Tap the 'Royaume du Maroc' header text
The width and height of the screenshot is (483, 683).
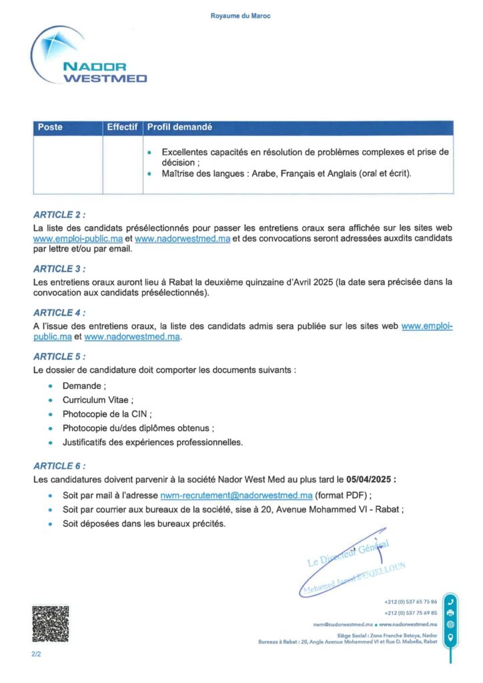point(241,15)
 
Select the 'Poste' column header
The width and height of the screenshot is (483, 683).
point(51,127)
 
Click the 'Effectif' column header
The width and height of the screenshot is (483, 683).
point(122,127)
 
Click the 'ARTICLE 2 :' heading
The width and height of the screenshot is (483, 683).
point(59,215)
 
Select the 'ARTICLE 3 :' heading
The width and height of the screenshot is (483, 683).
point(59,269)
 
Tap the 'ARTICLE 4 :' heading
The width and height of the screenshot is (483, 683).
point(59,312)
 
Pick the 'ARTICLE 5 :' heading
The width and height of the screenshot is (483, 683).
point(59,356)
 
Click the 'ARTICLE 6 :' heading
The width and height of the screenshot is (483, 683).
point(59,466)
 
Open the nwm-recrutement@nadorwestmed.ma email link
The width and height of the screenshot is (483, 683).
point(236,496)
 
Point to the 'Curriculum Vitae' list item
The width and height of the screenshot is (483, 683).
point(97,400)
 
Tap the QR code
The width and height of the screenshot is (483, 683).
point(51,624)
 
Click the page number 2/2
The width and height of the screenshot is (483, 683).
point(36,655)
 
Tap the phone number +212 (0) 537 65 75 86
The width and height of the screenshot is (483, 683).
point(411,601)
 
